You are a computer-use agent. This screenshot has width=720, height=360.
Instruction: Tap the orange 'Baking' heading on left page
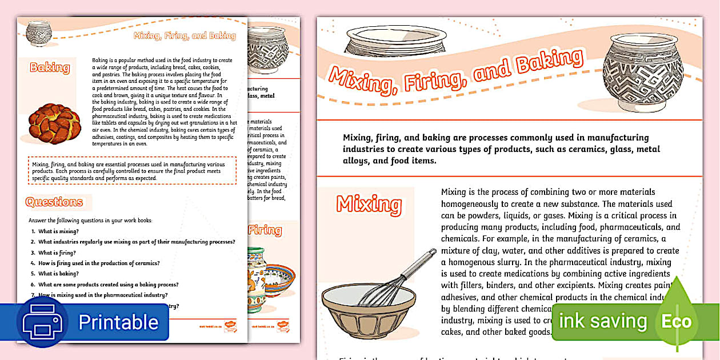(x=50, y=68)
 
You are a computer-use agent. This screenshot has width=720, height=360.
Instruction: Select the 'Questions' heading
(x=54, y=202)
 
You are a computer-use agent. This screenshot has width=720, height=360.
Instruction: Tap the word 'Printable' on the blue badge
(x=118, y=322)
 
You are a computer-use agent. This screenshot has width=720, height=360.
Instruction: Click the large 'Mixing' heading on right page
(x=369, y=204)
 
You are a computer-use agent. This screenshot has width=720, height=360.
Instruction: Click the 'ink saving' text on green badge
(x=603, y=321)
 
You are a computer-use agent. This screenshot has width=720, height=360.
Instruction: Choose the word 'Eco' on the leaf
(x=677, y=322)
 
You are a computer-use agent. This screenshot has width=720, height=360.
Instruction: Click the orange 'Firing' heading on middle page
(x=265, y=231)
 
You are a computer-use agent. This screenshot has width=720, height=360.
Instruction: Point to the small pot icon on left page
(x=39, y=33)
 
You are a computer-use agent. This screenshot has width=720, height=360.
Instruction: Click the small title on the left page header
(x=184, y=36)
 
